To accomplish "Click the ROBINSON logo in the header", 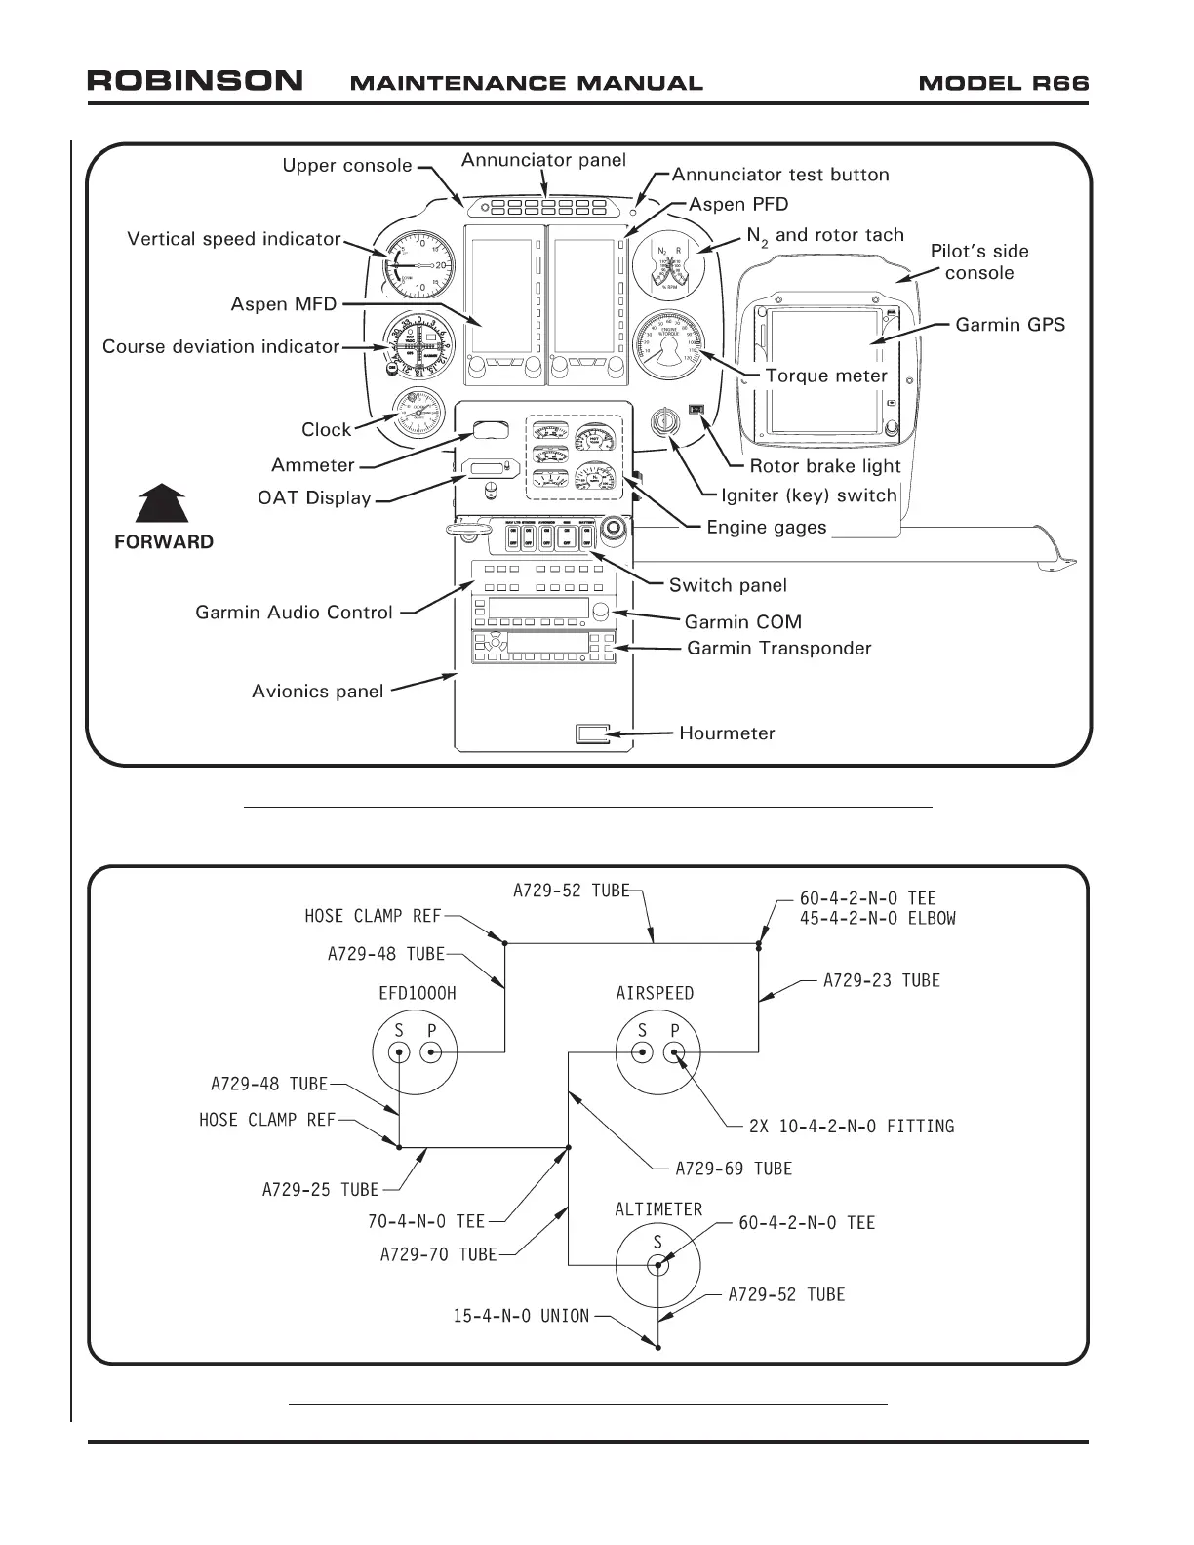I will click(195, 81).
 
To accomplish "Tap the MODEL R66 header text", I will click(1003, 83).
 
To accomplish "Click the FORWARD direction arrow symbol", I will click(162, 504).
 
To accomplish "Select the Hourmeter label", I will click(727, 733).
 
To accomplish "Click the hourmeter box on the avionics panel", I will click(592, 733).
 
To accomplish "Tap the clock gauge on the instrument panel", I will click(418, 414).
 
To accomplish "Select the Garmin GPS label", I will click(1010, 325).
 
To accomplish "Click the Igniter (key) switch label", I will click(809, 495).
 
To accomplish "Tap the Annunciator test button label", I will click(780, 176).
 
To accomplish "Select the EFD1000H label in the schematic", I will click(417, 994).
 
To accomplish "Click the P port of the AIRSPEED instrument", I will click(675, 1051).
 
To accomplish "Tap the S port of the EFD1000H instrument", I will click(399, 1051).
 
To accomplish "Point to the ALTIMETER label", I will click(658, 1209).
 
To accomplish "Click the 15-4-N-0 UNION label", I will click(521, 1316).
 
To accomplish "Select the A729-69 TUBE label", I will click(734, 1169).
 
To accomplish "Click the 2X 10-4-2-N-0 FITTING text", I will click(851, 1127).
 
